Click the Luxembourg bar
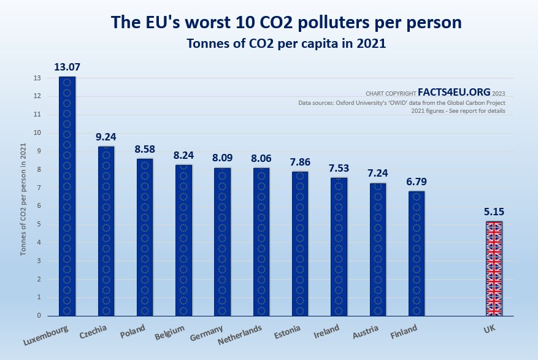tap(67, 196)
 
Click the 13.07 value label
tap(67, 67)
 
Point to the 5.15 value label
tap(494, 212)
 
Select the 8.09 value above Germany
tap(222, 158)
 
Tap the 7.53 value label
tap(339, 167)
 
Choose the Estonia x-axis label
tap(288, 332)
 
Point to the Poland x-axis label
tap(133, 331)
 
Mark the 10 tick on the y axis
tap(38, 132)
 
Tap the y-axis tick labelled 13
tap(38, 78)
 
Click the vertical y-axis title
tap(23, 196)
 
